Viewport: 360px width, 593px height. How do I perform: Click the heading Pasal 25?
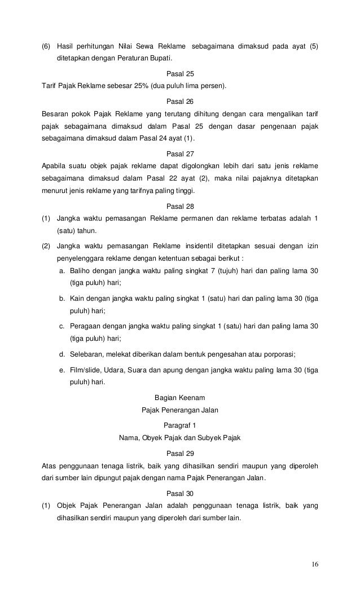pyautogui.click(x=180, y=73)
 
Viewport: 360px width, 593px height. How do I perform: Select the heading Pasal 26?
pyautogui.click(x=180, y=101)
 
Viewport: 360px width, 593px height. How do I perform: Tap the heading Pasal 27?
pyautogui.click(x=180, y=153)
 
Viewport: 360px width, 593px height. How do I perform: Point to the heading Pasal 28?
pyautogui.click(x=180, y=206)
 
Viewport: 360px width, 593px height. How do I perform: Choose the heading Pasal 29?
pyautogui.click(x=180, y=453)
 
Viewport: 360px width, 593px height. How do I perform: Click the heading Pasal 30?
pyautogui.click(x=180, y=493)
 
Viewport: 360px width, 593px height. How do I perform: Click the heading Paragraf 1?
pyautogui.click(x=180, y=424)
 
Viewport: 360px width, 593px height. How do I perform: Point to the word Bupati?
pyautogui.click(x=160, y=59)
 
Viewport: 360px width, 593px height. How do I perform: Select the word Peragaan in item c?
pyautogui.click(x=85, y=326)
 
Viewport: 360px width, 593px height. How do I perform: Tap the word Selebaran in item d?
pyautogui.click(x=86, y=354)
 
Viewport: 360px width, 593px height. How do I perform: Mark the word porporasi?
pyautogui.click(x=280, y=354)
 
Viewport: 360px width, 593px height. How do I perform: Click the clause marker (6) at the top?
pyautogui.click(x=46, y=46)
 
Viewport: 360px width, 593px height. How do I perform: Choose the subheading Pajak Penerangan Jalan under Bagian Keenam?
pyautogui.click(x=180, y=411)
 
